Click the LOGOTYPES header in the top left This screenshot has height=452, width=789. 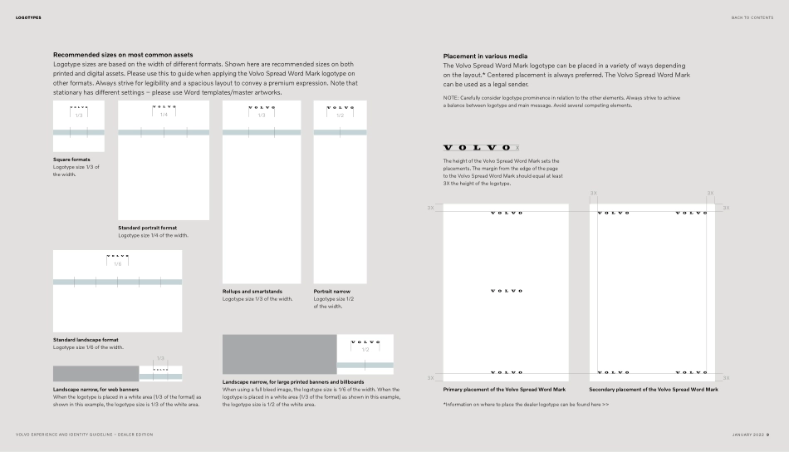(28, 17)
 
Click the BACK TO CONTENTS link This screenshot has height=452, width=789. (752, 17)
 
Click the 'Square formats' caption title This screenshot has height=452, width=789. (71, 160)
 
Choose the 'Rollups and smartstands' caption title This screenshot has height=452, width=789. (252, 292)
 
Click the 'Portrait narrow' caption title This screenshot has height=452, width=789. (331, 292)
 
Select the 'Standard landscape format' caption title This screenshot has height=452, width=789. (86, 339)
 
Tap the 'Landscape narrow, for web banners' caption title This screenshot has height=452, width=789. (96, 389)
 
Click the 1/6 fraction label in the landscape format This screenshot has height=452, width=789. (117, 263)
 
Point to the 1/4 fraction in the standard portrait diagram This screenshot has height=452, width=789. (164, 115)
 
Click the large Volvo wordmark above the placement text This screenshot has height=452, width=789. (478, 147)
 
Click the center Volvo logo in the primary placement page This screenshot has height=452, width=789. (507, 291)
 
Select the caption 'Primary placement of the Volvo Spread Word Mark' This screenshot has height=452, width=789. (504, 389)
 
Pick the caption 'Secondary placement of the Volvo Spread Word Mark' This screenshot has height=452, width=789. (654, 389)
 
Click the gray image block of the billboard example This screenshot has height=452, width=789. (279, 354)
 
